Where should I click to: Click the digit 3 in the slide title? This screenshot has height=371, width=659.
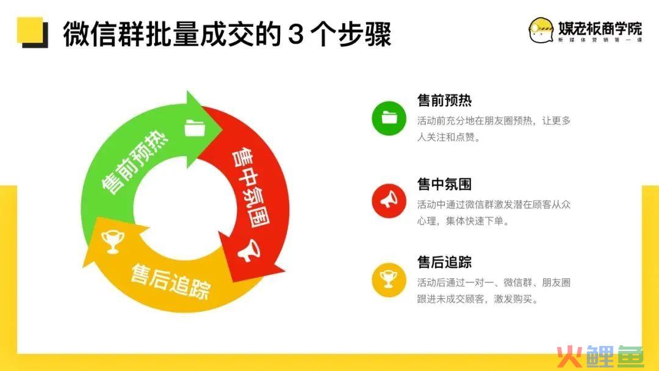click(x=296, y=34)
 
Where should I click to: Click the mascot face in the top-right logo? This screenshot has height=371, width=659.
click(x=541, y=31)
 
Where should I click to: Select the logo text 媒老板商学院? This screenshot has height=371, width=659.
click(x=600, y=28)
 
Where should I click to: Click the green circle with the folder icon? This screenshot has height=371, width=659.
click(x=389, y=118)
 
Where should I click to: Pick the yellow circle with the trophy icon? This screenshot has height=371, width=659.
click(x=389, y=280)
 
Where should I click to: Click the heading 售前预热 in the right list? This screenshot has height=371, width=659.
click(x=444, y=101)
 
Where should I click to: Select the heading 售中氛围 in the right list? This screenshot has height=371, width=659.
click(x=444, y=184)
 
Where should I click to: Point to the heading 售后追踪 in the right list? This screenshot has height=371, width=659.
click(x=444, y=262)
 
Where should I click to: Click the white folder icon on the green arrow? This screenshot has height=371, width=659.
click(x=195, y=128)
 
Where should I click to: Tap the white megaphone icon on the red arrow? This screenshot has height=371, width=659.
click(x=250, y=250)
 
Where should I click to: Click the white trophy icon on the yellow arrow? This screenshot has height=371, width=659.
click(x=113, y=242)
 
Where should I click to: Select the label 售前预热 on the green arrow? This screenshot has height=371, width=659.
click(x=134, y=162)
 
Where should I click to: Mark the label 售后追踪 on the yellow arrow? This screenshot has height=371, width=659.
click(x=171, y=281)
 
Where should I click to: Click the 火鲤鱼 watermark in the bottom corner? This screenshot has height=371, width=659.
click(x=600, y=357)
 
